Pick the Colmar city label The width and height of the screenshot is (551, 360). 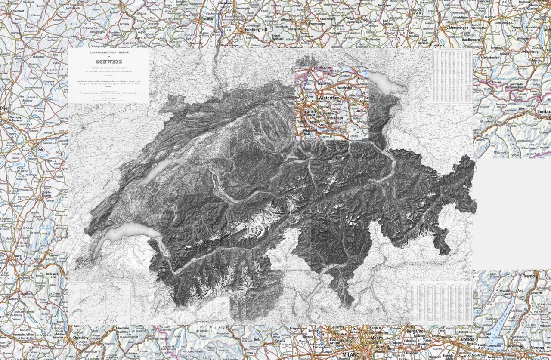[x=208, y=19]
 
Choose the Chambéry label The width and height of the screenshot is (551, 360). [x=83, y=338]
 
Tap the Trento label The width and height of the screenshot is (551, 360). [x=529, y=276]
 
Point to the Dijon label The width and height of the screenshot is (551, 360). [x=5, y=108]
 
